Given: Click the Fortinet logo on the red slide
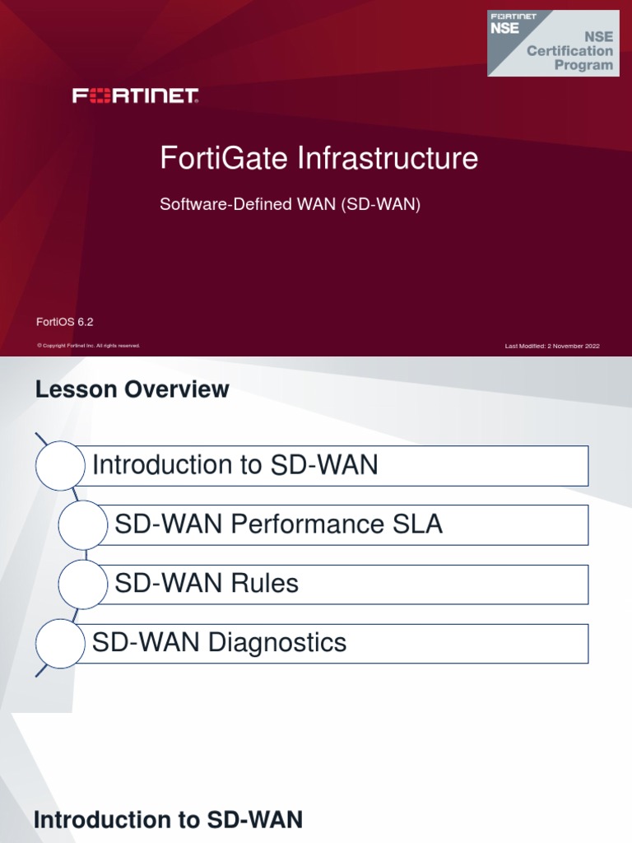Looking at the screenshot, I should click(x=136, y=96).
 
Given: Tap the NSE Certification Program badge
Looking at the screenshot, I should click(x=552, y=43).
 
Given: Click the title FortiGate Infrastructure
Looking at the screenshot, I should click(x=318, y=158).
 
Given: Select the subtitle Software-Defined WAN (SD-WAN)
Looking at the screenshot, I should click(x=290, y=205).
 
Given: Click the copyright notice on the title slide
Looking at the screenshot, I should click(x=88, y=346).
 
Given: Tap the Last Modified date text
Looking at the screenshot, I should click(x=552, y=346).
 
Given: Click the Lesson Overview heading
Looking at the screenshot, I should click(x=132, y=389).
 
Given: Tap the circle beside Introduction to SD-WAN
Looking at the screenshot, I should click(x=61, y=466).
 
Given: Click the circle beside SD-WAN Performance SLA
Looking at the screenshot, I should click(x=83, y=525).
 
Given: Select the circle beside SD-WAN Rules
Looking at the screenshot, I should click(x=83, y=585).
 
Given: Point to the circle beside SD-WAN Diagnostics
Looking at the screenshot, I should click(x=61, y=644).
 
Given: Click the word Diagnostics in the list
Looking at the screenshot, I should click(x=277, y=643).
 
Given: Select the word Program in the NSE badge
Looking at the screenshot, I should click(x=583, y=65).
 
